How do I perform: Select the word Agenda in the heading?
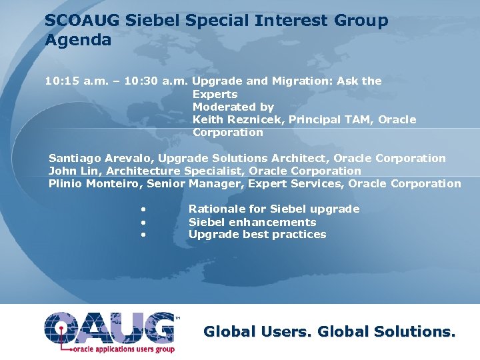78,40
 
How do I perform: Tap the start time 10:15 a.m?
73,81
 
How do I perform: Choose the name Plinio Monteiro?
94,184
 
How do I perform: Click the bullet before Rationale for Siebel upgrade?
143,210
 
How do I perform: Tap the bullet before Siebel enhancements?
143,223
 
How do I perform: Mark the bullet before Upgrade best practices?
143,235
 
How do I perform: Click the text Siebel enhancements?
252,222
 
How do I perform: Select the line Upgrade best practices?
257,235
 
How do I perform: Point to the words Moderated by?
233,107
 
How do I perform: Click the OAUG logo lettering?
110,327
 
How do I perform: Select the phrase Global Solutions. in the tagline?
387,331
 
